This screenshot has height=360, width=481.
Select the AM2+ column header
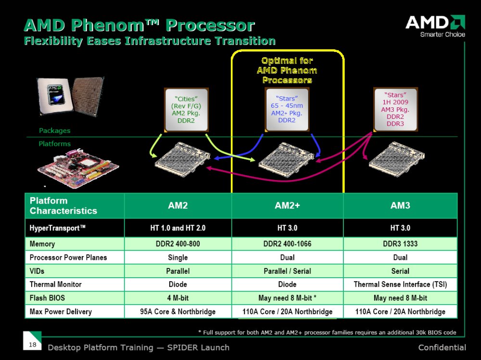(x=287, y=206)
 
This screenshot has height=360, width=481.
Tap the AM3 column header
(x=400, y=206)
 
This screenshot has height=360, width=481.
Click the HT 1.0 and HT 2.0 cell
(x=178, y=228)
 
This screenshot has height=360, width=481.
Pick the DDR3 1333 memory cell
(x=400, y=244)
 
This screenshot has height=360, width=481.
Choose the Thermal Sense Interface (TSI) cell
(x=400, y=284)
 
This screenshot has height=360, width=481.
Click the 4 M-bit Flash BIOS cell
(x=178, y=298)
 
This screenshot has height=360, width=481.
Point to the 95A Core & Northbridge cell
(x=178, y=311)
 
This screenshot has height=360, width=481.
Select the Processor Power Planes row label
(x=68, y=257)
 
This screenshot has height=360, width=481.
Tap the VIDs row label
(x=37, y=271)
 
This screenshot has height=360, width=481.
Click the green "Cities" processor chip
(x=186, y=110)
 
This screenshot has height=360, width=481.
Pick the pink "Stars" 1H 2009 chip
(x=395, y=109)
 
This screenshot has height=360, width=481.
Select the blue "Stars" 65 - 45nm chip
(x=287, y=109)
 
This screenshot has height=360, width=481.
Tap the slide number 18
(x=33, y=344)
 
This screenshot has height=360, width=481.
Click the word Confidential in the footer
(x=442, y=347)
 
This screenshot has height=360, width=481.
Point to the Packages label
(x=55, y=130)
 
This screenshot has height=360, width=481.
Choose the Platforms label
(x=55, y=143)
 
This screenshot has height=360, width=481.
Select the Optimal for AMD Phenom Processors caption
(x=287, y=70)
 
